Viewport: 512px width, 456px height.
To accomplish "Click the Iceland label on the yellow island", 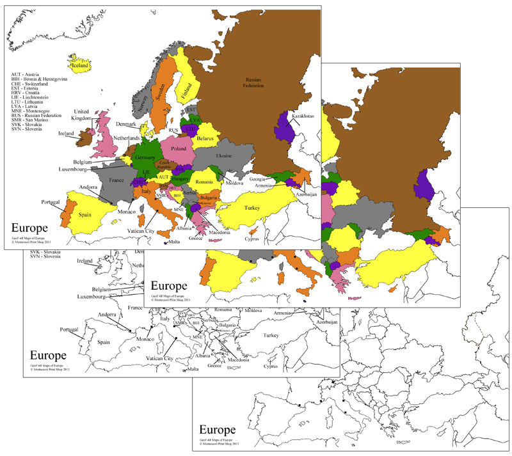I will point(79,65).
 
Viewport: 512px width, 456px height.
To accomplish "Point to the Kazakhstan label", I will point(304,116).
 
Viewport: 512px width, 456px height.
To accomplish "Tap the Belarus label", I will point(204,138).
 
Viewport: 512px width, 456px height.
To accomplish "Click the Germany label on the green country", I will point(146,157).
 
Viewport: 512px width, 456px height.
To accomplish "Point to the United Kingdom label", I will point(81,114).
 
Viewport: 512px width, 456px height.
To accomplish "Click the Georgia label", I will point(257,179).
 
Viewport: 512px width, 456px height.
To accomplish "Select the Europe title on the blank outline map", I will point(218,429).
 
